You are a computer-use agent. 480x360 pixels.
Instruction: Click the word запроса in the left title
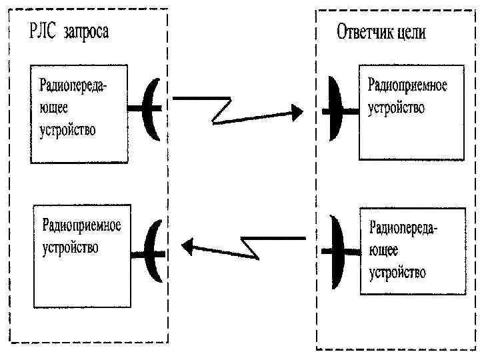85,32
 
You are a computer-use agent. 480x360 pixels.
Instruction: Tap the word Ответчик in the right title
367,32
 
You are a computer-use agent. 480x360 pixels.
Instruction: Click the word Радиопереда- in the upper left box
73,85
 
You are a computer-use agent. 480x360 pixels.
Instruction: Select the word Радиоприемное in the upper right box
407,86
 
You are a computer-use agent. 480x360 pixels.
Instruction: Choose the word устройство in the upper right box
397,108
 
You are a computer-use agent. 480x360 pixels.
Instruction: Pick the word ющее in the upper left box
54,107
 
